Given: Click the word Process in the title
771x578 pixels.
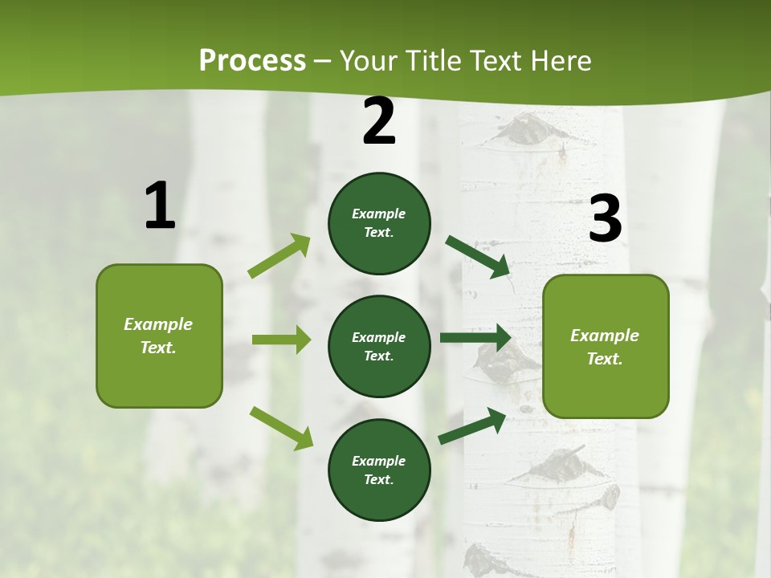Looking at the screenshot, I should point(252,60).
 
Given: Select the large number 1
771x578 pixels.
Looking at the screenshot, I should point(160,206).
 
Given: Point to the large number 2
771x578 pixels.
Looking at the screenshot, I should point(379,121).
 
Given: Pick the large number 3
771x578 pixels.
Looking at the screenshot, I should point(605,219).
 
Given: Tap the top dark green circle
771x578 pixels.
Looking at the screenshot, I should point(379,223).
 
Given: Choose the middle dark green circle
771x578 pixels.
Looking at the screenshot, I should point(379,346).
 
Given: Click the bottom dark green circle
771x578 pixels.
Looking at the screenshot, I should point(379,470).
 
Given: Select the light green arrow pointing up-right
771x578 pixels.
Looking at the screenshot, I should point(279,256).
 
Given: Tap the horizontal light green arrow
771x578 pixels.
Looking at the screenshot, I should point(281,340).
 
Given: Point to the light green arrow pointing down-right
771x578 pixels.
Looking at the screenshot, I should point(281,427).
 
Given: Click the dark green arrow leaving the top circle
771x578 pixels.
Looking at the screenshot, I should point(479,256).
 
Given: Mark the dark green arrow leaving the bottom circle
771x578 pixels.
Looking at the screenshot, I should point(473,425).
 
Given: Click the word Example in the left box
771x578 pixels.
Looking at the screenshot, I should point(158,324).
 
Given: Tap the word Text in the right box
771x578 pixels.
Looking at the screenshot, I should point(605,359).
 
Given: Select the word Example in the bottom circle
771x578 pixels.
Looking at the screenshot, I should point(378,461).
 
